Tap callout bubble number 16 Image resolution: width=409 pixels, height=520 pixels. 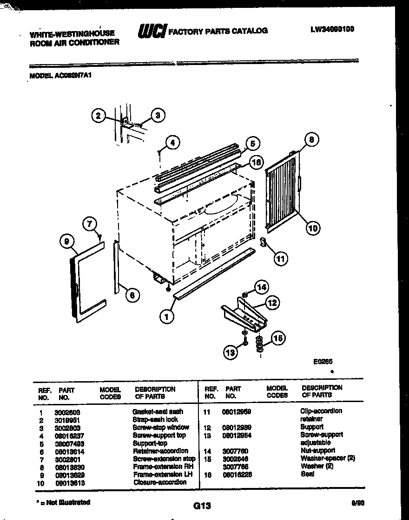point(255,162)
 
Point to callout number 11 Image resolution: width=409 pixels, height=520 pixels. point(280,259)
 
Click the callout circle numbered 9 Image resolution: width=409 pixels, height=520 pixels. point(67,241)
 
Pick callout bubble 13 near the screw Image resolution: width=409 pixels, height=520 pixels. point(231,353)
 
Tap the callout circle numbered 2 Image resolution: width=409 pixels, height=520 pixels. point(98,116)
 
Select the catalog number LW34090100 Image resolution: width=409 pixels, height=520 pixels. point(332,29)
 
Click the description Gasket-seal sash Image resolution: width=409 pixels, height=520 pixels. point(158,411)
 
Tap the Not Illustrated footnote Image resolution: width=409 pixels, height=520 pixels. point(63,502)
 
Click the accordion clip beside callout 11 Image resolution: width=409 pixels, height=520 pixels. point(263,242)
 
